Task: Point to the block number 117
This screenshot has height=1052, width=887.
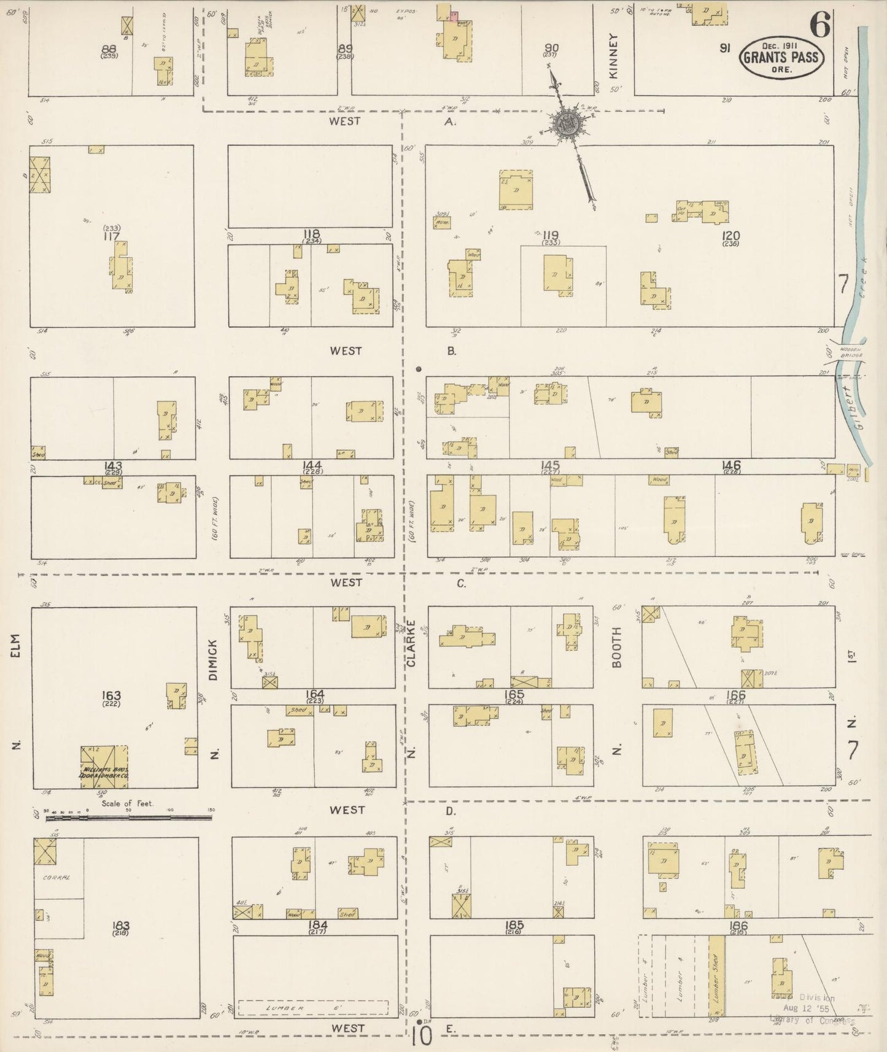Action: click(x=111, y=236)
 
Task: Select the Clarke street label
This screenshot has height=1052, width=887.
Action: click(x=411, y=643)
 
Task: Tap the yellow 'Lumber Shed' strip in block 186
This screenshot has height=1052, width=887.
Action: click(x=716, y=975)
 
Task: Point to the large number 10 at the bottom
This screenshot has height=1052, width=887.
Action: click(x=422, y=1037)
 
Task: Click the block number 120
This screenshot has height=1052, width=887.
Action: click(x=731, y=236)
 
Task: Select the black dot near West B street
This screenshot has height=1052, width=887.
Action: click(x=419, y=369)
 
